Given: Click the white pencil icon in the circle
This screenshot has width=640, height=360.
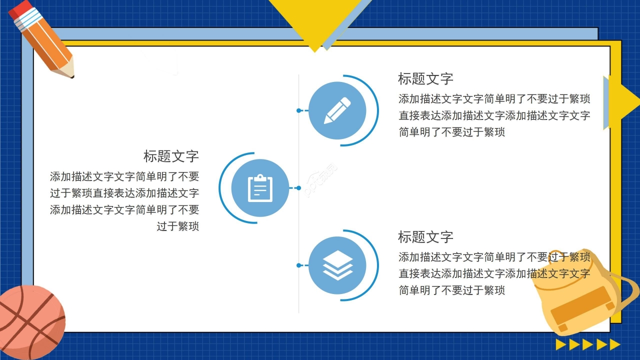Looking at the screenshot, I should click(x=337, y=110).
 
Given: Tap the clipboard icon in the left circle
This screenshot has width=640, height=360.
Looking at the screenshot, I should click(x=260, y=188).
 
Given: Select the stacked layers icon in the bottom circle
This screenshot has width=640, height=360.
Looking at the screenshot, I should click(x=337, y=265).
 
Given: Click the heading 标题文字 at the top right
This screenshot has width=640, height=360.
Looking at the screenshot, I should click(x=425, y=79).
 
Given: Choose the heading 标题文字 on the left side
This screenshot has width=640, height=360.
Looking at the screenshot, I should click(x=171, y=156).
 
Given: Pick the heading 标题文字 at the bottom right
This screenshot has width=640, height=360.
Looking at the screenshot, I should click(x=425, y=236).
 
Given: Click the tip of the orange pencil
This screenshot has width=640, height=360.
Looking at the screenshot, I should click(x=71, y=76).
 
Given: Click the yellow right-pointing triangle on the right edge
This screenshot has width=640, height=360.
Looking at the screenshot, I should click(x=622, y=102).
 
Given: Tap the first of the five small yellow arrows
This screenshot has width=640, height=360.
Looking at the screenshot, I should click(x=561, y=344).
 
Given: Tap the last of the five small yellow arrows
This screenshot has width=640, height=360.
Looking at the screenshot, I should click(x=615, y=344).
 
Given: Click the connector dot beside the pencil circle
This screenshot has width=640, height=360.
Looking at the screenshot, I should click(x=299, y=110).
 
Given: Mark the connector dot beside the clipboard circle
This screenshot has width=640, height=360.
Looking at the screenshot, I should click(x=298, y=188).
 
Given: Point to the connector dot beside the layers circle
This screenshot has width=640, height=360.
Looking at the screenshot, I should click(x=299, y=265).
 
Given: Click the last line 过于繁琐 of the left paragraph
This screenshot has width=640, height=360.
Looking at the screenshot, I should click(x=178, y=226).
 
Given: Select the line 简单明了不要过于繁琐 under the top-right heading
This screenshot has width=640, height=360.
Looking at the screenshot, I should click(x=451, y=132).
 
